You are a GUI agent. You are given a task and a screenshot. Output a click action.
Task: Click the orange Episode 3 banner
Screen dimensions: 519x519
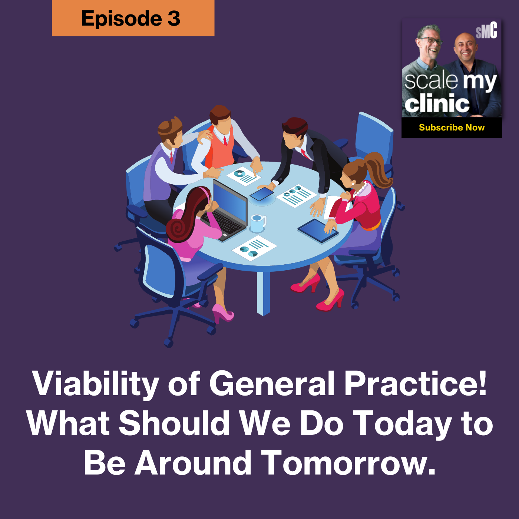[133, 18]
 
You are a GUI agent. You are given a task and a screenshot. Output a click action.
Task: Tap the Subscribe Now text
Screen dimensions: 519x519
[452, 128]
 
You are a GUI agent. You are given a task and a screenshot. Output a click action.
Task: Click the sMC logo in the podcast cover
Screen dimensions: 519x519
[486, 31]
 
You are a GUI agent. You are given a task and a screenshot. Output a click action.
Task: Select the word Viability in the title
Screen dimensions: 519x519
[96, 384]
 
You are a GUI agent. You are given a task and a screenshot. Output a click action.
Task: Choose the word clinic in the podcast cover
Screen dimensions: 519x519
[437, 103]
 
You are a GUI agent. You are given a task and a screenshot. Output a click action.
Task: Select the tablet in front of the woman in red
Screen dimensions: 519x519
[318, 230]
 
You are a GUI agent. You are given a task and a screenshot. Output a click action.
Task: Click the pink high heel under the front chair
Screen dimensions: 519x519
[222, 313]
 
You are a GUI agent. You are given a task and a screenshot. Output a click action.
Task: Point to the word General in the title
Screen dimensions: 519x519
[272, 383]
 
